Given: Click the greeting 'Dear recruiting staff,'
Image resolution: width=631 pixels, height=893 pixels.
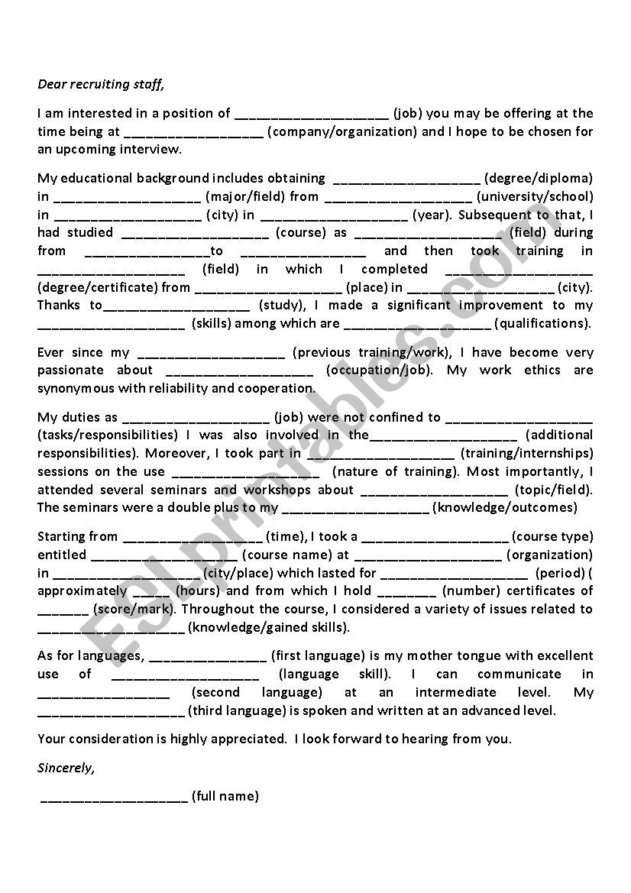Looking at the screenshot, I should (x=101, y=84).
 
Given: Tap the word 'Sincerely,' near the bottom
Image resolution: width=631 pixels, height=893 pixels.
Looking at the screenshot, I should (x=66, y=768).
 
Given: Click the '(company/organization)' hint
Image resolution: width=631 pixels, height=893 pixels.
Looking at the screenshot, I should (x=343, y=131).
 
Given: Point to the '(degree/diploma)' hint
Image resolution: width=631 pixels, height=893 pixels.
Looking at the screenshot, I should (x=539, y=179).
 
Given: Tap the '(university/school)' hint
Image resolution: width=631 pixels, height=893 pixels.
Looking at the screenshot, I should (x=535, y=197).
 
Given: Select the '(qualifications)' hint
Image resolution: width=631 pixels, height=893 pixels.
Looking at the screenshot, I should (x=542, y=324).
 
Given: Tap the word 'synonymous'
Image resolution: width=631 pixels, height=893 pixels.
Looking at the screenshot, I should (x=73, y=388).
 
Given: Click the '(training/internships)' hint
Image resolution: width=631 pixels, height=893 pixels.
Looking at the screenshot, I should (x=527, y=454).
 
